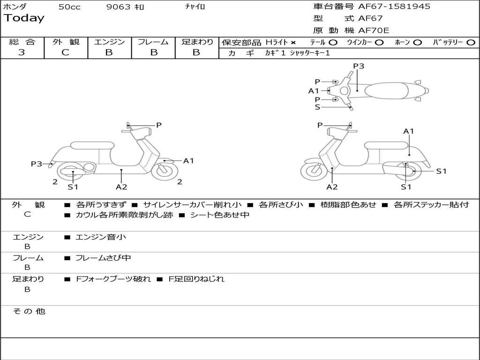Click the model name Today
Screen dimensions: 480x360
[x=24, y=18]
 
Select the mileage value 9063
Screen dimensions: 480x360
[x=118, y=7]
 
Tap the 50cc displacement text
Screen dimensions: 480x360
[x=69, y=7]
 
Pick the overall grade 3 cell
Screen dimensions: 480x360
[x=22, y=52]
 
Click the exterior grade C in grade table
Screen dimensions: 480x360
[x=65, y=52]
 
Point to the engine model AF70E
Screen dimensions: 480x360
[x=374, y=31]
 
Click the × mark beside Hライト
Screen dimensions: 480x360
[x=293, y=43]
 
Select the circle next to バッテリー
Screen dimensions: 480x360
[x=471, y=43]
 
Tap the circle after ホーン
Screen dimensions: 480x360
[x=418, y=43]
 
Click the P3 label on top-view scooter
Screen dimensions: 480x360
[x=359, y=66]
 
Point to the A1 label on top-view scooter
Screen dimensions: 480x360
[x=314, y=91]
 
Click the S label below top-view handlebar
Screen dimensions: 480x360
[x=317, y=107]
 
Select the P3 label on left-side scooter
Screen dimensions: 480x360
[x=37, y=164]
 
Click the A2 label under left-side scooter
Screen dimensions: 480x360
[x=121, y=187]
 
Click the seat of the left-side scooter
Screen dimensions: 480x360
[x=91, y=146]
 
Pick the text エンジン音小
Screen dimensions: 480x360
[x=101, y=237]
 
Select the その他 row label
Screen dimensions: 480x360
[x=29, y=311]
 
